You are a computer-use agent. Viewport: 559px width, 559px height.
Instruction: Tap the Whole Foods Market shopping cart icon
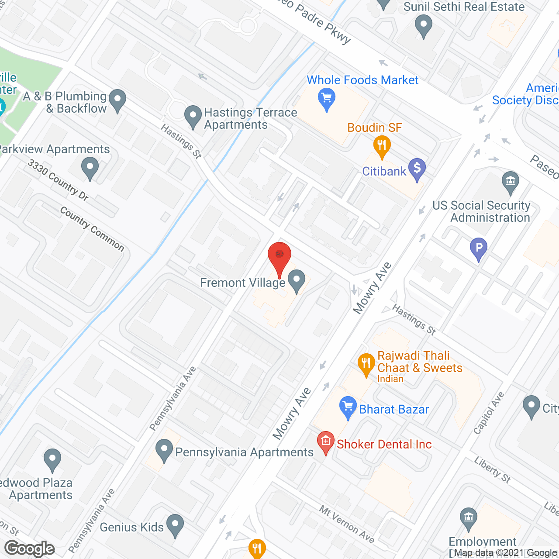pos(327,98)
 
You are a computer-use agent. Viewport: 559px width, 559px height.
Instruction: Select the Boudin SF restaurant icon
pos(382,146)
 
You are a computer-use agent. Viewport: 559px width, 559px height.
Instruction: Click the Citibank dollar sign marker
pos(417,169)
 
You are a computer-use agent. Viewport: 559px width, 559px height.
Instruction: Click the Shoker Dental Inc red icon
pos(325,442)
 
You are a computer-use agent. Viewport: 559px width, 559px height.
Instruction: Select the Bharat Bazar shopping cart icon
pos(348,407)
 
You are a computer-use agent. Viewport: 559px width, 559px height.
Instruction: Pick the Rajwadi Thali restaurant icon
pos(366,363)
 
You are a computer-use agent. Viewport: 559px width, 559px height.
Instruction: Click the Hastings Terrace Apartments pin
pos(193,116)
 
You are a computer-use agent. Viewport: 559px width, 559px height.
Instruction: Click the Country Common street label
pos(92,229)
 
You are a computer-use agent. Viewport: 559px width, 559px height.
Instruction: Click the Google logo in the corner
pos(29,549)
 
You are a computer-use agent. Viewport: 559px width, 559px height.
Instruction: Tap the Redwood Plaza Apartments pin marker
pos(52,459)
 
